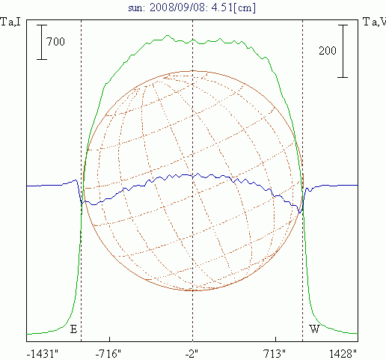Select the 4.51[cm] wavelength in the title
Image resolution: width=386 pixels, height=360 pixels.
pyautogui.click(x=233, y=7)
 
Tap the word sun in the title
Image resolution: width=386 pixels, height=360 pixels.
pyautogui.click(x=136, y=8)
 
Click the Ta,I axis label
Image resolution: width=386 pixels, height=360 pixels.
pyautogui.click(x=10, y=22)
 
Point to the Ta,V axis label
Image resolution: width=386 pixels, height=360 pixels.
pyautogui.click(x=374, y=22)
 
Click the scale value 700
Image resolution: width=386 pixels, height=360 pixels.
pyautogui.click(x=55, y=41)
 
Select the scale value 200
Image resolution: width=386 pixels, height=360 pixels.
pyautogui.click(x=328, y=51)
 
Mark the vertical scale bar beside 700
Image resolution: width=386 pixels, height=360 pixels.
pyautogui.click(x=42, y=42)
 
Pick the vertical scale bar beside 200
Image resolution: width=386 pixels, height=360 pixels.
pyautogui.click(x=343, y=51)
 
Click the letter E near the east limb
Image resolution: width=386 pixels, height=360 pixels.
pyautogui.click(x=73, y=329)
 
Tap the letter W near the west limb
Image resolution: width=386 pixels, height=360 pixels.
pyautogui.click(x=315, y=329)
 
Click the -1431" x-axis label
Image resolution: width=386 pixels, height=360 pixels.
pyautogui.click(x=43, y=354)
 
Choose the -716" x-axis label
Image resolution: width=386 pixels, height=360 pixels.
pyautogui.click(x=108, y=354)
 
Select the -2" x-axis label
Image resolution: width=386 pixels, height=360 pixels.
pyautogui.click(x=192, y=354)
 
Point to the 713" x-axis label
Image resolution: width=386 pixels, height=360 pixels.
pyautogui.click(x=275, y=354)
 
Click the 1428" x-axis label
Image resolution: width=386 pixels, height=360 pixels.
pyautogui.click(x=343, y=354)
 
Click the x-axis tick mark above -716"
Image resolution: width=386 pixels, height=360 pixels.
pyautogui.click(x=109, y=339)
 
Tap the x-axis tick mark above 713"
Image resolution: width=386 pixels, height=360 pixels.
pyautogui.click(x=275, y=339)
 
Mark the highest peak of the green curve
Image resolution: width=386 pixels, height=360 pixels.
pyautogui.click(x=168, y=36)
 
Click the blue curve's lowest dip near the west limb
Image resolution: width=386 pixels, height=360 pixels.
pyautogui.click(x=300, y=213)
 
